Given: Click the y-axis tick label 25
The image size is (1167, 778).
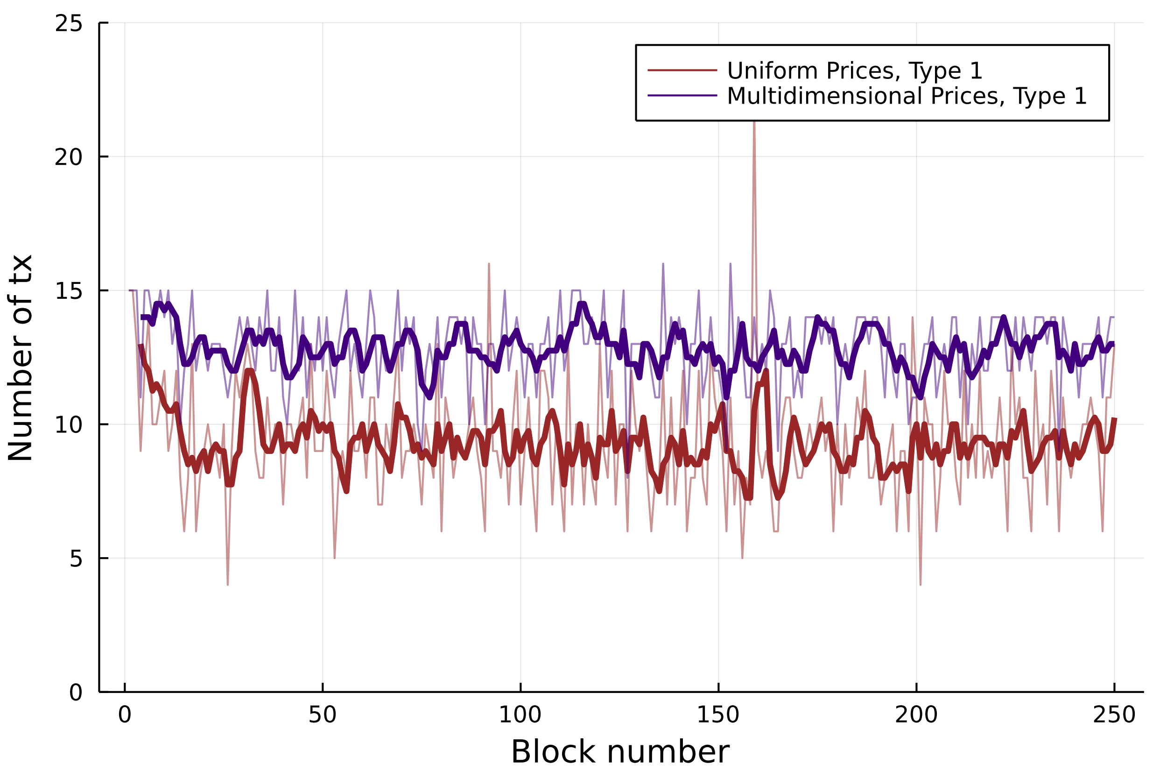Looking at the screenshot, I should (69, 23).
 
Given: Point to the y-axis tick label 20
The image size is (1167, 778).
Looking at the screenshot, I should (69, 157).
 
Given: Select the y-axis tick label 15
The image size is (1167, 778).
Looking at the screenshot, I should (69, 291).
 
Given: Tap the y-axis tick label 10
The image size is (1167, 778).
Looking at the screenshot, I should (69, 425).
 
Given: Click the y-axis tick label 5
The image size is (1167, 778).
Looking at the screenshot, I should (75, 559).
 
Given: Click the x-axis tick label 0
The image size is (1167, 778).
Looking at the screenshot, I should (125, 715).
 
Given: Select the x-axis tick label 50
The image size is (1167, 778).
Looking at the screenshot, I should (323, 715).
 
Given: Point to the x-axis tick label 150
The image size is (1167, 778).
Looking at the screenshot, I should (717, 715).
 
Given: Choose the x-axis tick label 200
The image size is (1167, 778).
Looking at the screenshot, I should (915, 715).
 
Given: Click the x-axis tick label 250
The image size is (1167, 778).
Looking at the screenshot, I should (1114, 715).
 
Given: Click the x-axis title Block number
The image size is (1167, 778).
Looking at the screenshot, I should (620, 752).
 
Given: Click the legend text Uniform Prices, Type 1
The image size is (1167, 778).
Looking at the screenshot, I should (854, 71).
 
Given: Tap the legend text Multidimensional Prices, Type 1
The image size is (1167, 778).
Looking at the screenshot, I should (907, 96).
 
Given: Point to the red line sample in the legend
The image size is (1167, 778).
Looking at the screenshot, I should (682, 71).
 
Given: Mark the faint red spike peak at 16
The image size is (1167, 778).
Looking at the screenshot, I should (489, 264).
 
